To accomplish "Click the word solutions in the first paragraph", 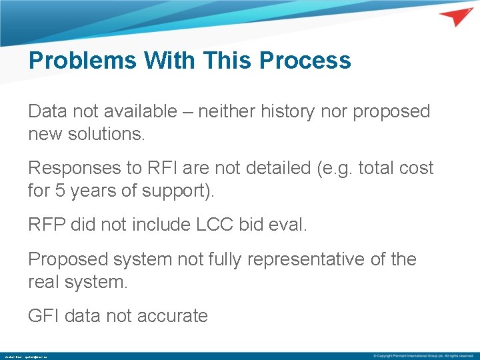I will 106,134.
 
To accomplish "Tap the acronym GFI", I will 44,315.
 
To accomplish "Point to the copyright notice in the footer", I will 423,356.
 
